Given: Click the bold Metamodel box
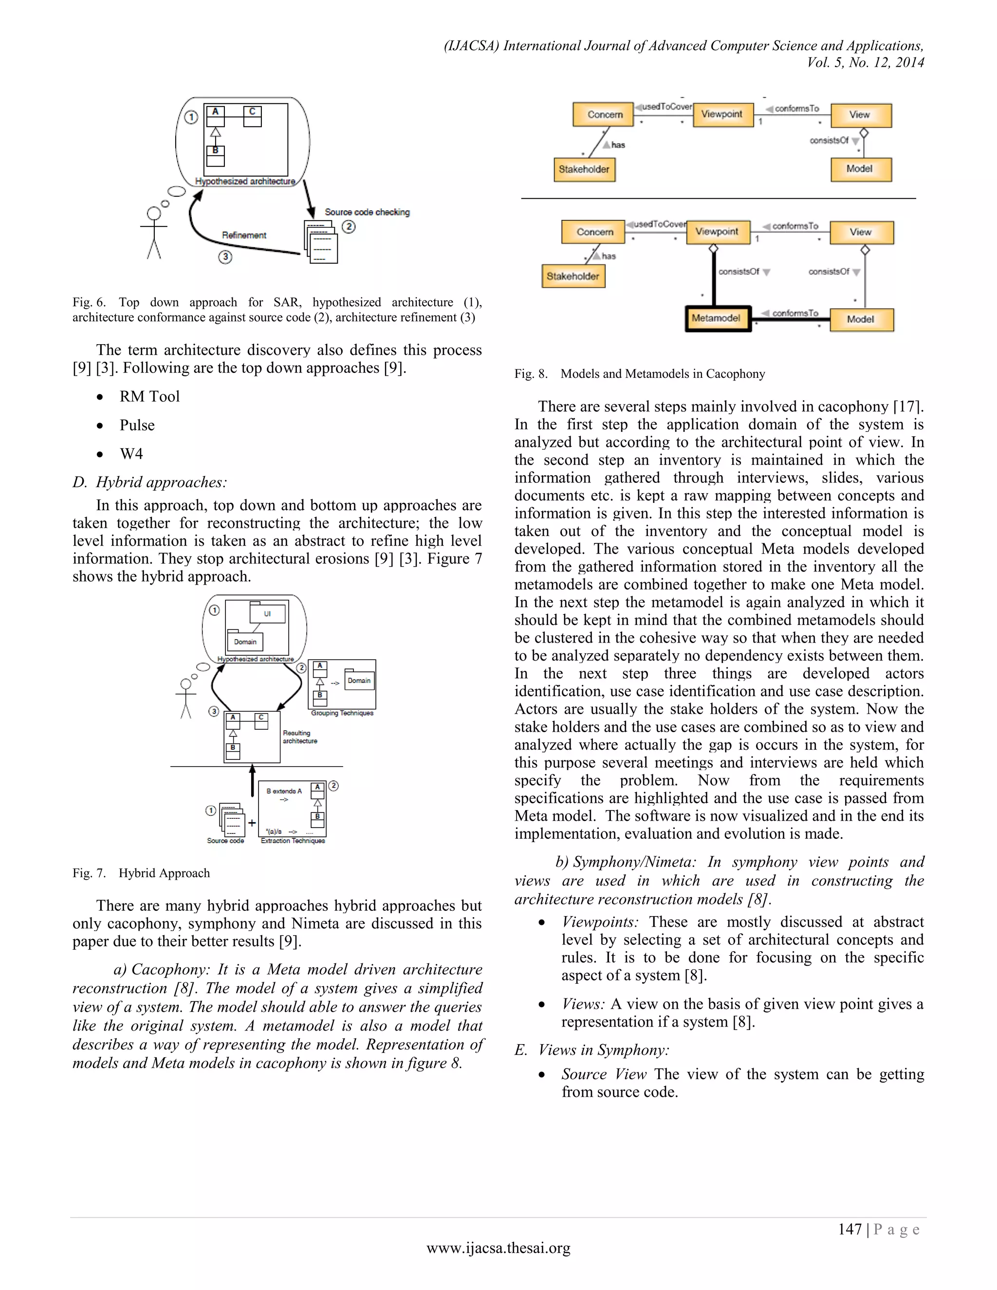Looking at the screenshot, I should (x=718, y=318).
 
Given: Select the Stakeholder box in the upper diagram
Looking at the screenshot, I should (x=584, y=169).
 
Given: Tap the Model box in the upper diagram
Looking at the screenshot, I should (x=860, y=169).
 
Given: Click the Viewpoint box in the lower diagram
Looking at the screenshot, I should (x=718, y=232).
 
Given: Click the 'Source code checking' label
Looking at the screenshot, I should (x=367, y=212).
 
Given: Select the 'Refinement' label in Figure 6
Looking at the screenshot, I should (x=244, y=235).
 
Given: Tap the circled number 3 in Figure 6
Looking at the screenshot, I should (x=225, y=257).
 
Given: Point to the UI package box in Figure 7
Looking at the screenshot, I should (x=268, y=614).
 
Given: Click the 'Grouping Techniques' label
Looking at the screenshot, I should (x=342, y=713).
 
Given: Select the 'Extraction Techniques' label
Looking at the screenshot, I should (x=293, y=841).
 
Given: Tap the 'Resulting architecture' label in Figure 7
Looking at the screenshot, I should (x=299, y=737).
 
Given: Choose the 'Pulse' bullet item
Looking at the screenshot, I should (x=137, y=425).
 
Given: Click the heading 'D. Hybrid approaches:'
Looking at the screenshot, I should (x=149, y=482).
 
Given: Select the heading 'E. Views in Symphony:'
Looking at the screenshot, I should (x=592, y=1050).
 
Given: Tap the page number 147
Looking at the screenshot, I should (x=849, y=1229).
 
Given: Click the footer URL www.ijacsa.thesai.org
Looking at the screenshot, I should (x=498, y=1248).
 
